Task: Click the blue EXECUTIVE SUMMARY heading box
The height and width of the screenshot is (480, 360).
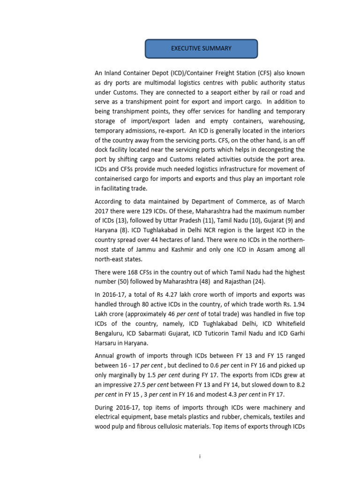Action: tap(201, 48)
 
